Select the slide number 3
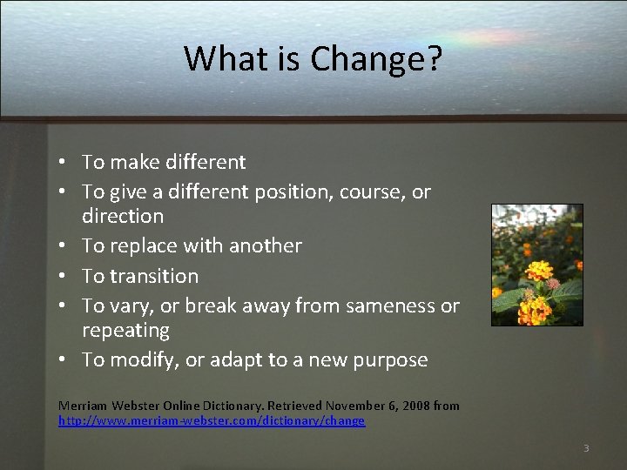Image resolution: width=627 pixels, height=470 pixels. [x=586, y=448]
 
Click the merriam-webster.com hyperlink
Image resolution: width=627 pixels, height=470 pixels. [x=212, y=421]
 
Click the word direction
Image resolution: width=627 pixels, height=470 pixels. [x=123, y=216]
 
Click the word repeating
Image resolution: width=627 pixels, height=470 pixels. [x=125, y=331]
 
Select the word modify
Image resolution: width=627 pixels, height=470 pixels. [x=142, y=360]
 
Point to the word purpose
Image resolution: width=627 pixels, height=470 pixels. [x=388, y=360]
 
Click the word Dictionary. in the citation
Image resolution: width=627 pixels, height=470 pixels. [x=230, y=406]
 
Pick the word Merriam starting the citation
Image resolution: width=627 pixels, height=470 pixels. [x=79, y=406]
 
